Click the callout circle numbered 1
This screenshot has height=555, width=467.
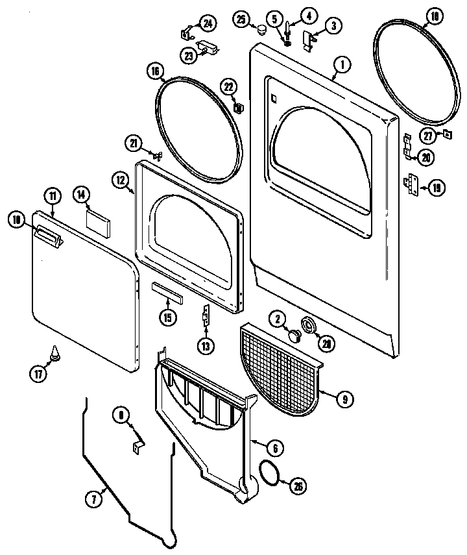pos(341,64)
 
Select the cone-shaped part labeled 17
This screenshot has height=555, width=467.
pos(54,354)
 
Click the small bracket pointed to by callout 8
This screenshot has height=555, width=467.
pos(139,447)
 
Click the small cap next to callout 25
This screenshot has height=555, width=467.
pos(261,31)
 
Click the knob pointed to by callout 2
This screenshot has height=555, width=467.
pos(294,335)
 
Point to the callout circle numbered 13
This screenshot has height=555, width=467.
pos(206,347)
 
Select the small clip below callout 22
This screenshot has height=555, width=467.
pos(237,106)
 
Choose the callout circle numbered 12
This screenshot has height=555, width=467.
pos(121,182)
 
